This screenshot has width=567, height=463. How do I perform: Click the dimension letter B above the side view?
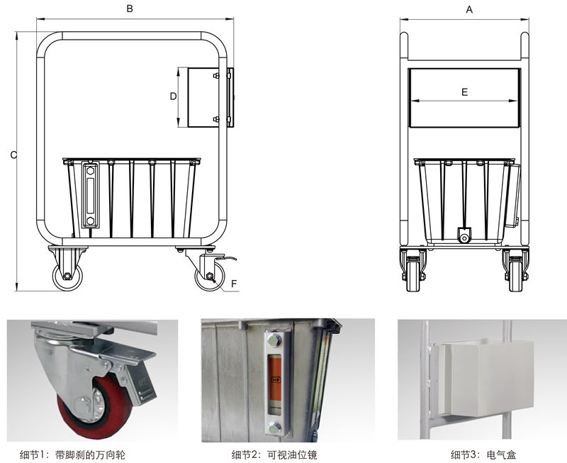tap(130, 9)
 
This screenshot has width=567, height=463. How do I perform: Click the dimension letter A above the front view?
tap(469, 10)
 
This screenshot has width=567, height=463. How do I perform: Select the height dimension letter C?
tap(13, 155)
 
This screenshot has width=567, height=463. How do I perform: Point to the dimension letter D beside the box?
tap(173, 96)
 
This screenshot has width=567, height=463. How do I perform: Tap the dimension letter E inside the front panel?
tap(465, 92)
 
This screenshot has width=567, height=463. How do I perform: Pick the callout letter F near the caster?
tap(234, 284)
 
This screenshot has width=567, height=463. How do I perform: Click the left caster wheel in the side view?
tap(67, 277)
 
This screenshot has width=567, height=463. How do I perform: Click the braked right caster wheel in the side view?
tap(210, 277)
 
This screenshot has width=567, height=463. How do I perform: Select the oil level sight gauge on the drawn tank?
tap(90, 195)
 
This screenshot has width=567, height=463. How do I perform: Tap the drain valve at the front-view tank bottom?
tap(464, 235)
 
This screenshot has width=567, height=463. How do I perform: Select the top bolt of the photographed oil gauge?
tap(274, 340)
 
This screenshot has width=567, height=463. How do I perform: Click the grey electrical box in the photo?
tap(487, 379)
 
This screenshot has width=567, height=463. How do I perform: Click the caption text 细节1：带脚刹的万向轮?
tap(72, 454)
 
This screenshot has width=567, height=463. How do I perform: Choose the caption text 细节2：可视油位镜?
tap(274, 454)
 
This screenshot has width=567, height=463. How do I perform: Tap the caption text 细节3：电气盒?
tap(483, 454)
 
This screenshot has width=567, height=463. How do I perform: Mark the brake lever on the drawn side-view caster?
tap(226, 258)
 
